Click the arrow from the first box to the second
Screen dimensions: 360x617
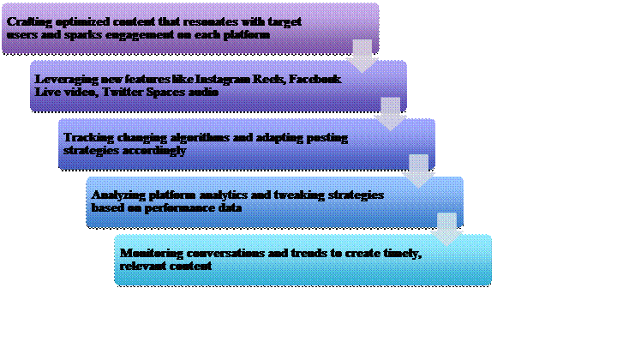(362, 56)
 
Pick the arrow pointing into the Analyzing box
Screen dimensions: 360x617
(419, 171)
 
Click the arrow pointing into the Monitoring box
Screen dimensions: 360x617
(447, 229)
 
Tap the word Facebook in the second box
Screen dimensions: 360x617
(315, 80)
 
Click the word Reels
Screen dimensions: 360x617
(269, 80)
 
